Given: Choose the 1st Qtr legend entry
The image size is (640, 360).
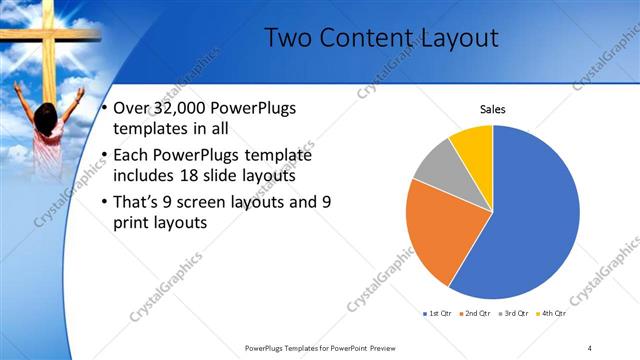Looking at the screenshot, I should click(438, 314).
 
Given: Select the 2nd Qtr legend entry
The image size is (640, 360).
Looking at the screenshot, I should click(475, 314).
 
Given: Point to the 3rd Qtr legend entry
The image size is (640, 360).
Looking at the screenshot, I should click(512, 314).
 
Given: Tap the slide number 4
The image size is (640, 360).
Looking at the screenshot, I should click(590, 347).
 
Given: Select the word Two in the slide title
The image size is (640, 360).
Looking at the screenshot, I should click(289, 39).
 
